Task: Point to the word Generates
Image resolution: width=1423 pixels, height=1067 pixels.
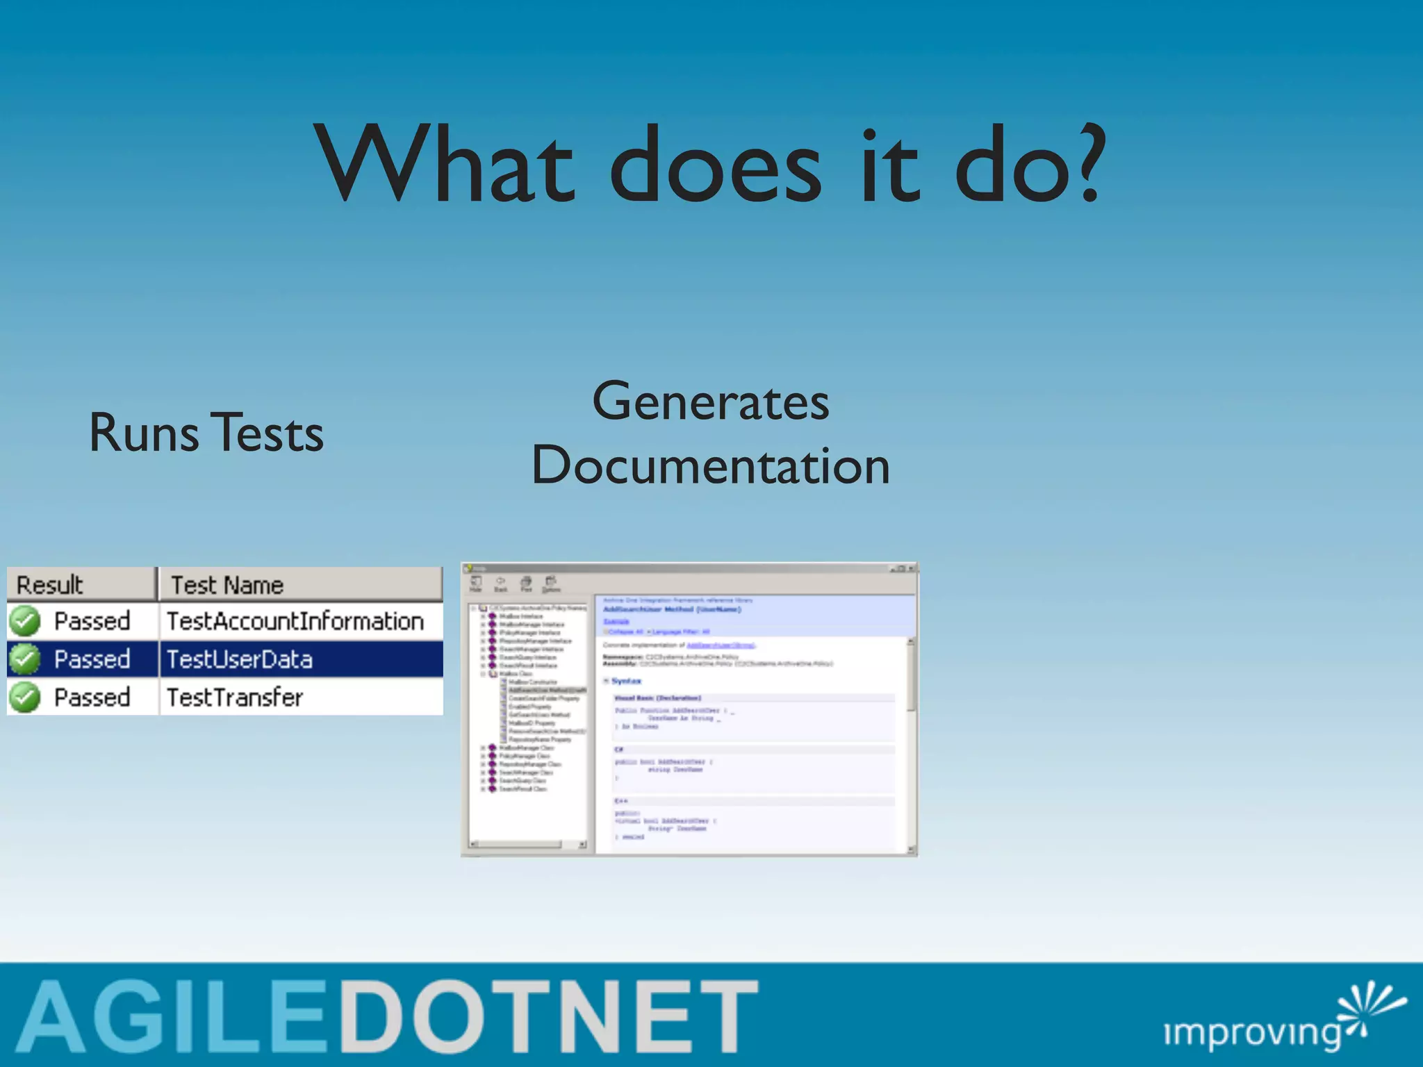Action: (x=710, y=402)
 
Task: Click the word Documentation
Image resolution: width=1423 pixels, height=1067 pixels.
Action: (x=710, y=465)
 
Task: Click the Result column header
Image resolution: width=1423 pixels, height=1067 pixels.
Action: (x=50, y=585)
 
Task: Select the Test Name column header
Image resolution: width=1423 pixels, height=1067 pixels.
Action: (x=227, y=585)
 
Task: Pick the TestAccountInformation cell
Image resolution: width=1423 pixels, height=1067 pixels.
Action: (x=295, y=621)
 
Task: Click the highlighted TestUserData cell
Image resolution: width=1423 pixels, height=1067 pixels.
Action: (x=240, y=659)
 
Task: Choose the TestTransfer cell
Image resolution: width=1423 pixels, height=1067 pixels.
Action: (x=235, y=697)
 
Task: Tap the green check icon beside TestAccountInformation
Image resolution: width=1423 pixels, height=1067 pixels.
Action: (x=25, y=621)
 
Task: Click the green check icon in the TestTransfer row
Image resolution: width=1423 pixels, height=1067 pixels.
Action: (x=25, y=697)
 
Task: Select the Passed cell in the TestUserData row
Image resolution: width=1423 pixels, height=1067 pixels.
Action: (x=92, y=659)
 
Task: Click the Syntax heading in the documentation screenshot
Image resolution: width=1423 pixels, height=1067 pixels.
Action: (x=626, y=681)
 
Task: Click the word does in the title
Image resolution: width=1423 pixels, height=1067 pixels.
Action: (x=716, y=167)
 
